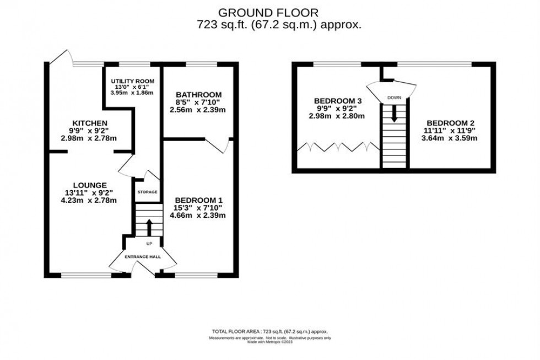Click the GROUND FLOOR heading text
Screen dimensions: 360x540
click(268, 12)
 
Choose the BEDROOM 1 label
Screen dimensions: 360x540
click(200, 199)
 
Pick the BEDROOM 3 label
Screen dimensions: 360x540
click(338, 100)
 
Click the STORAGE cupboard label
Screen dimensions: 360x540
click(147, 192)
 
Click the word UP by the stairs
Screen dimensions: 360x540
click(149, 243)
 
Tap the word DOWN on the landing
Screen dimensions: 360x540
click(394, 98)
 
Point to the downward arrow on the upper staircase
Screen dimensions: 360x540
click(394, 113)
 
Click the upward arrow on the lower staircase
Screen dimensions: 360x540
click(148, 225)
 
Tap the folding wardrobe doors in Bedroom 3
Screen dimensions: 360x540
click(338, 147)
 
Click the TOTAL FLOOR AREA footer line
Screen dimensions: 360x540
click(269, 331)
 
